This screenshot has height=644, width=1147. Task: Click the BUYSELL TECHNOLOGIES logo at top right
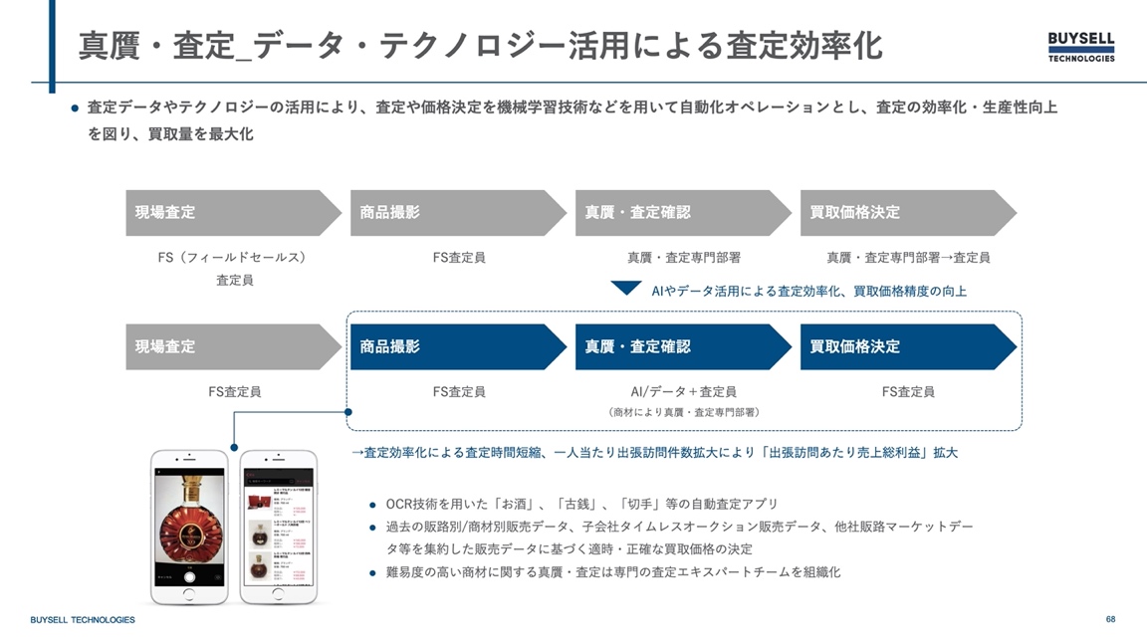click(1081, 47)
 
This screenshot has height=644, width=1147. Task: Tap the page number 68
click(1110, 619)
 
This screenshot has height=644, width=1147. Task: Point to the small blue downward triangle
click(625, 289)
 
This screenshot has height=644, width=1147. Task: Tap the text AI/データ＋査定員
click(683, 392)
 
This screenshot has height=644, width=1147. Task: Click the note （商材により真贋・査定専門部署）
click(683, 412)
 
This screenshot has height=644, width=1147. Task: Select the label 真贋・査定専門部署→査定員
click(908, 258)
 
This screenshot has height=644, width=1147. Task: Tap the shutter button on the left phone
click(189, 576)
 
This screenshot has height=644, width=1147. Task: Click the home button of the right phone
click(279, 594)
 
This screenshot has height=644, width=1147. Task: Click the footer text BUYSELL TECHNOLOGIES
click(83, 620)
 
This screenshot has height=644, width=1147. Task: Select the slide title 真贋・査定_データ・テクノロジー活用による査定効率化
click(480, 46)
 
